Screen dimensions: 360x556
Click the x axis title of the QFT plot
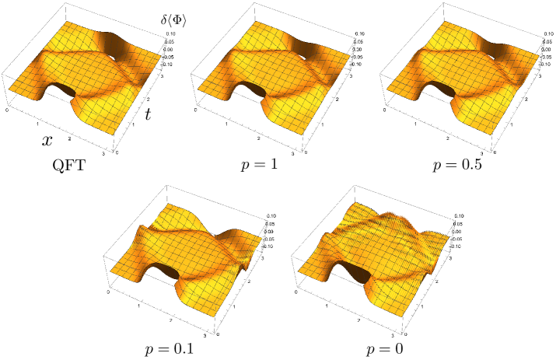[x=47, y=141]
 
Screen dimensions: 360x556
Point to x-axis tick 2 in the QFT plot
[x=71, y=137]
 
